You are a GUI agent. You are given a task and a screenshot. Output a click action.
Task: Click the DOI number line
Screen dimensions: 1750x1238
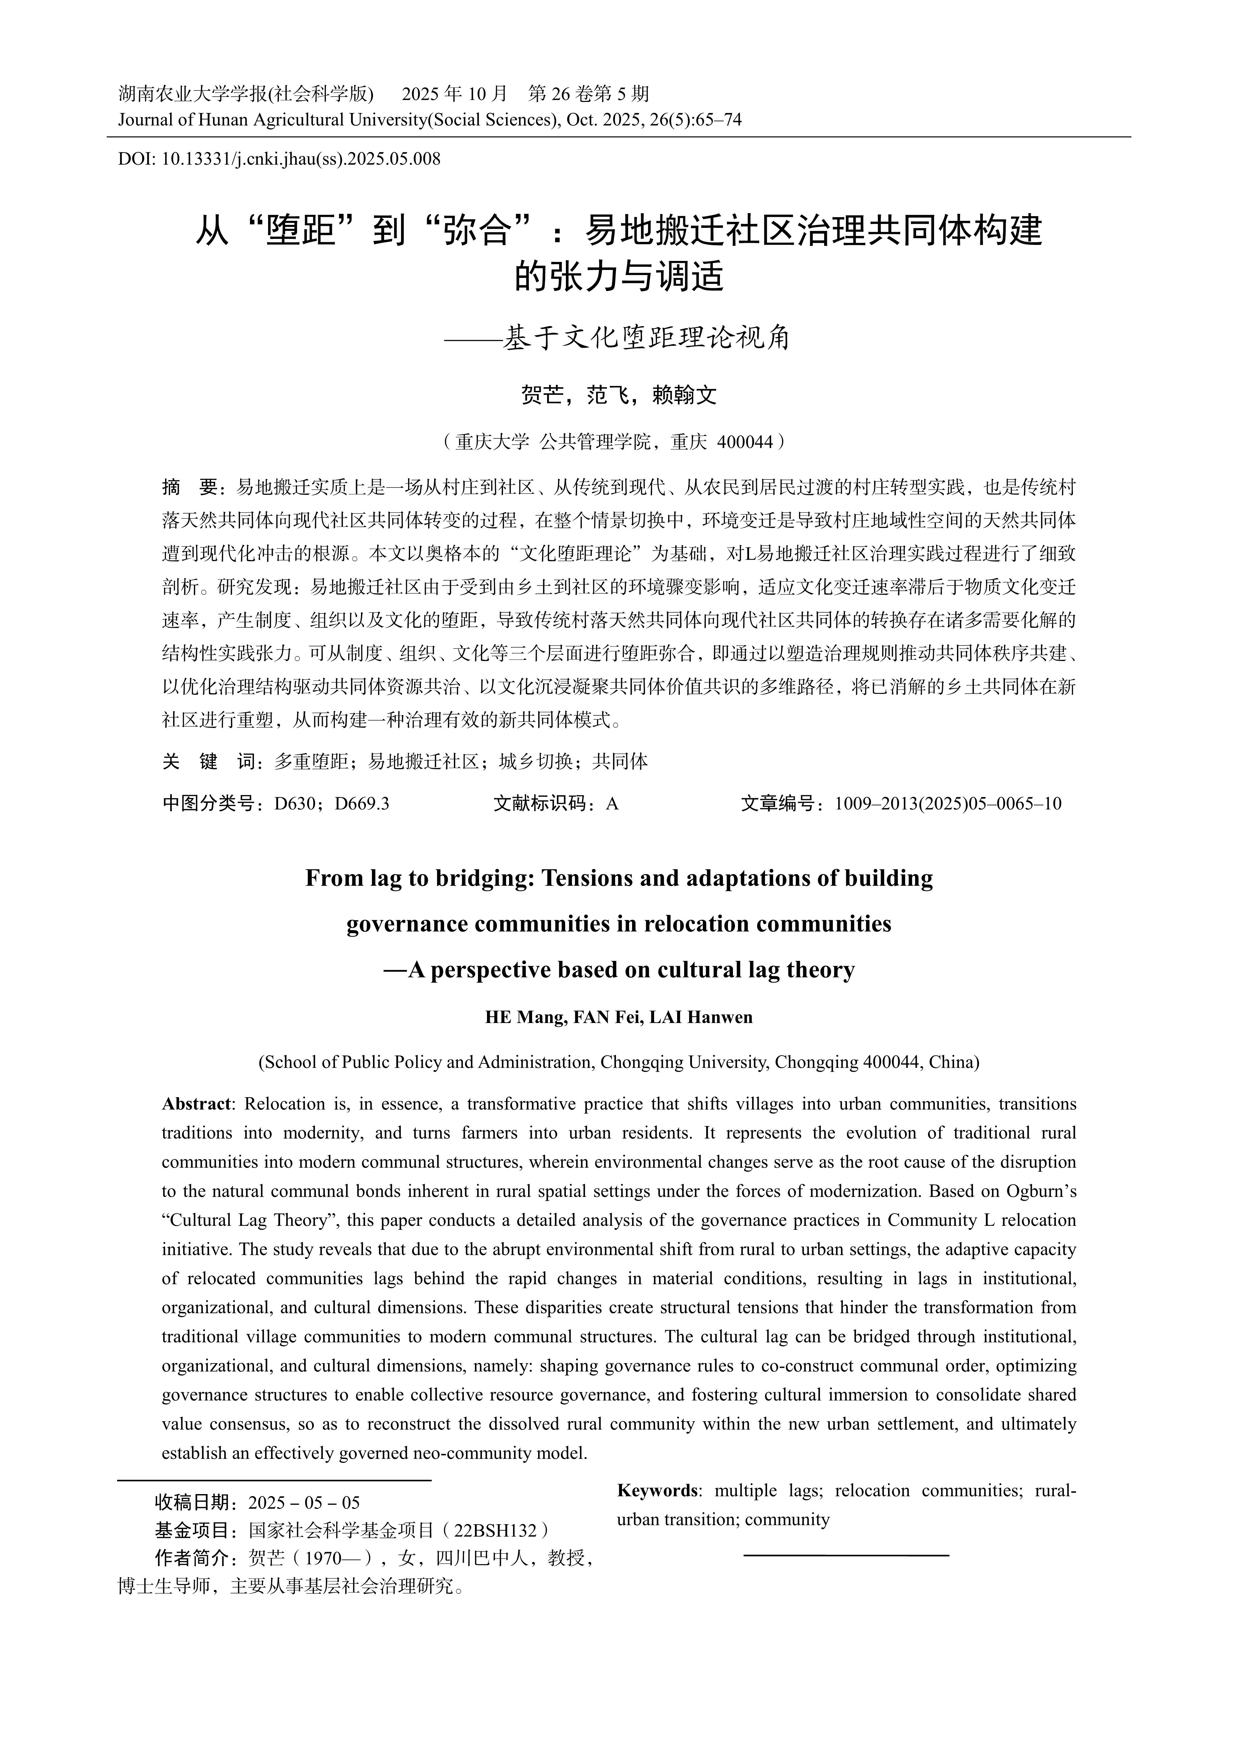(x=279, y=159)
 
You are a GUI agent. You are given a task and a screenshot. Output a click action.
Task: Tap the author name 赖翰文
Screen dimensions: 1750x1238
(x=684, y=395)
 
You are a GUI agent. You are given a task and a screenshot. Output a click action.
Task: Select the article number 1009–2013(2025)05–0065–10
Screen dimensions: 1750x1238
(x=948, y=804)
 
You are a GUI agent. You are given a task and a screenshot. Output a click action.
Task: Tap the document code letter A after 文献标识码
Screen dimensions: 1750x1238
(x=611, y=804)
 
